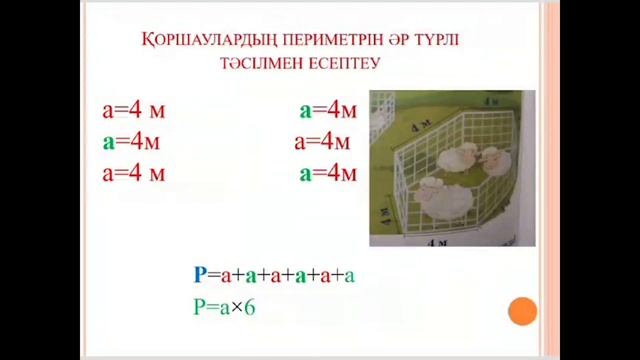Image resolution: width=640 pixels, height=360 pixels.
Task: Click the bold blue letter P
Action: click(200, 275)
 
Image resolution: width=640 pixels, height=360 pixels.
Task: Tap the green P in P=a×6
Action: click(200, 307)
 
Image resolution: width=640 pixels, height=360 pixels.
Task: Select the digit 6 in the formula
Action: click(250, 307)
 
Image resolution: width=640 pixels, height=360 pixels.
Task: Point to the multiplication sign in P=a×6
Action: click(236, 308)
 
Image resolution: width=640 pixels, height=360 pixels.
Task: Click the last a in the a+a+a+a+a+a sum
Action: click(349, 275)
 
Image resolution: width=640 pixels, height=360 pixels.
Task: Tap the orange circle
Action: click(522, 312)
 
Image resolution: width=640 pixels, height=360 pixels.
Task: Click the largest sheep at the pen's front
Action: click(441, 197)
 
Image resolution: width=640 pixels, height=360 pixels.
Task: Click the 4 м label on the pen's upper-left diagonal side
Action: click(398, 125)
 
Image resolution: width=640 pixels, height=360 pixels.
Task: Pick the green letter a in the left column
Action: click(108, 141)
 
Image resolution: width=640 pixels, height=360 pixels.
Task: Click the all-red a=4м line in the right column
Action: click(325, 141)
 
